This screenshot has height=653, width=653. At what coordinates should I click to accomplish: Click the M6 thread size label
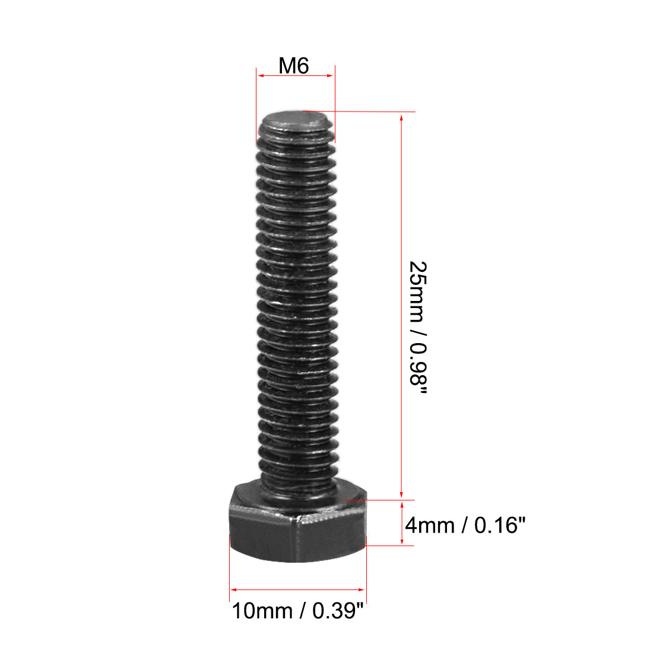(294, 65)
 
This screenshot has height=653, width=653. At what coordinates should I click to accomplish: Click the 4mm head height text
(429, 525)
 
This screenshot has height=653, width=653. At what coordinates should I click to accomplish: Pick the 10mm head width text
(262, 610)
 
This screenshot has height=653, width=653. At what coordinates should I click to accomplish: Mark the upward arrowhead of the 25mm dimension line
(402, 117)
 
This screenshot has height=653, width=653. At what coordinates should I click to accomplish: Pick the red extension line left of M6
(256, 101)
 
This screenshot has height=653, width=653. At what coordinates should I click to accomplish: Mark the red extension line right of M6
(334, 101)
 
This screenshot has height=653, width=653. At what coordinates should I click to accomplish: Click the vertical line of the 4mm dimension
(402, 522)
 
